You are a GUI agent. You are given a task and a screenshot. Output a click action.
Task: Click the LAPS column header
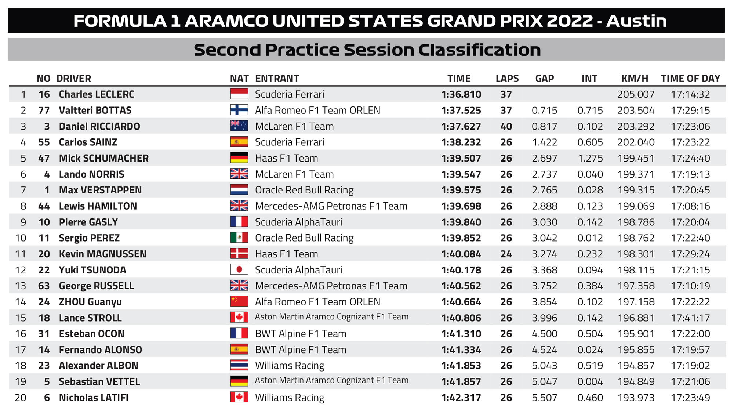507,79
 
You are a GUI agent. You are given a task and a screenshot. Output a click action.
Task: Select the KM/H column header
635,79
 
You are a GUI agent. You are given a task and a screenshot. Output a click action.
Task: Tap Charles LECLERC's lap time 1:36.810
461,94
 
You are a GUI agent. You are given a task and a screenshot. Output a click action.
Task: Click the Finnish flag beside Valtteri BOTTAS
239,110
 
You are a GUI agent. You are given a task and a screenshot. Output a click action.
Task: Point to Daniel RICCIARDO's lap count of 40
506,126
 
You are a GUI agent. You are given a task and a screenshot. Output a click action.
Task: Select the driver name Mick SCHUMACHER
103,158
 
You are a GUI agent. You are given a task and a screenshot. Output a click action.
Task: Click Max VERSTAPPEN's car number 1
47,190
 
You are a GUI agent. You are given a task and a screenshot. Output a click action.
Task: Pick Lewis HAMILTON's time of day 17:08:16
690,206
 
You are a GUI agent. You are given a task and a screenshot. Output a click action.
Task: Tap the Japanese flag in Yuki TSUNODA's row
239,270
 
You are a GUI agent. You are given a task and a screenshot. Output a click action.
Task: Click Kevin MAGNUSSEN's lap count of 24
506,254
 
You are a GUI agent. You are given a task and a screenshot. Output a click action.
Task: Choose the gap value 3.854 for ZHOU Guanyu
544,302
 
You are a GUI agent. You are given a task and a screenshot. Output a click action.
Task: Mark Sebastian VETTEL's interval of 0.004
590,381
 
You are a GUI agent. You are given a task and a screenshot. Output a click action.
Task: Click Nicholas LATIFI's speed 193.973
636,398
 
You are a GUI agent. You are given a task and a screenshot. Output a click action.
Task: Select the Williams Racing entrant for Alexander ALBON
290,366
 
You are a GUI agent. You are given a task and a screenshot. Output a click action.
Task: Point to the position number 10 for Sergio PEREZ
21,238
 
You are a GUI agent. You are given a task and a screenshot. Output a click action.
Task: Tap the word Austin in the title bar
636,21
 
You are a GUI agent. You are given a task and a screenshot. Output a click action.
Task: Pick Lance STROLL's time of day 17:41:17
690,318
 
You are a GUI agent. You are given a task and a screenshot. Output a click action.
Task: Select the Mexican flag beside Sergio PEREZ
239,238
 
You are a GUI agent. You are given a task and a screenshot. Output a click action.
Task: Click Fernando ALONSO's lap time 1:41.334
461,350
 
